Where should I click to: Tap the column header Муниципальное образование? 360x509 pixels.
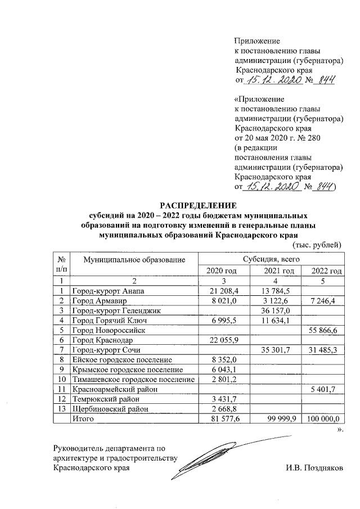(134, 259)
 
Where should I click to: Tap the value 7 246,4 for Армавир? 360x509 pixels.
(321, 301)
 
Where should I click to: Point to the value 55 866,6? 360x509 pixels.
(323, 331)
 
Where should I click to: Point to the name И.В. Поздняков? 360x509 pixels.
(314, 467)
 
